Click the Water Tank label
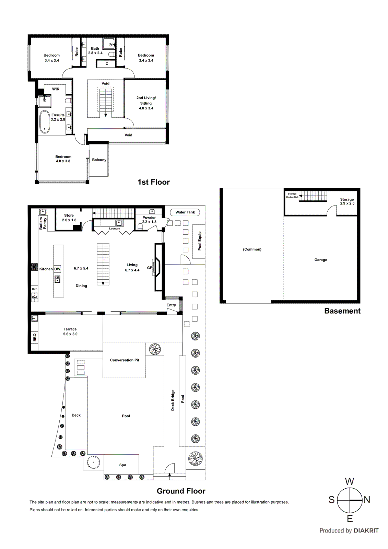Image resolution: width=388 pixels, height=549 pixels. tap(185, 212)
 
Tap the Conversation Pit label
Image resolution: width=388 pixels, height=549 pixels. tap(125, 360)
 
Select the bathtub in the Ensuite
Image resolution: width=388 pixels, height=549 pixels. tap(45, 122)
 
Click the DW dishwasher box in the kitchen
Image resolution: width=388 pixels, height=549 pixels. tap(57, 269)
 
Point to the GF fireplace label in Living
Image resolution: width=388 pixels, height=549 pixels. tap(150, 268)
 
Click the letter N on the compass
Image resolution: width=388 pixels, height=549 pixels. tap(367, 500)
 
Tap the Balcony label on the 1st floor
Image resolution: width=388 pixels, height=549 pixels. tap(99, 160)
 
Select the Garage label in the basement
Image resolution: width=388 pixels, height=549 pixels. tap(320, 260)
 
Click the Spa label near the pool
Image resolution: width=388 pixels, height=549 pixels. tap(122, 465)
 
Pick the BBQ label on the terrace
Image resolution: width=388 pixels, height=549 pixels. tap(35, 337)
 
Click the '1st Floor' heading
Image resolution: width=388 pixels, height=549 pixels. tap(153, 182)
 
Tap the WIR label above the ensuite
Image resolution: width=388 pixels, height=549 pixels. tap(56, 89)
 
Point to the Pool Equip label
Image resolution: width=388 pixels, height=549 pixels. tap(200, 241)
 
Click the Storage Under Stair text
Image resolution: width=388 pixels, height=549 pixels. tap(292, 196)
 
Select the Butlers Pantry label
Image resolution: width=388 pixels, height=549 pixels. tap(43, 223)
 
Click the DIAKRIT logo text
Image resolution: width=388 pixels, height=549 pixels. tap(366, 530)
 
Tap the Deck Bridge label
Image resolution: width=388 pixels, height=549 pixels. tap(173, 400)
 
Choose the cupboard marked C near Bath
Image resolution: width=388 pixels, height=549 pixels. tap(107, 64)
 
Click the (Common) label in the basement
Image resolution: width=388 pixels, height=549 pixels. tap(252, 249)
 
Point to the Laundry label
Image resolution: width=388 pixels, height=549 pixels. tap(115, 229)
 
